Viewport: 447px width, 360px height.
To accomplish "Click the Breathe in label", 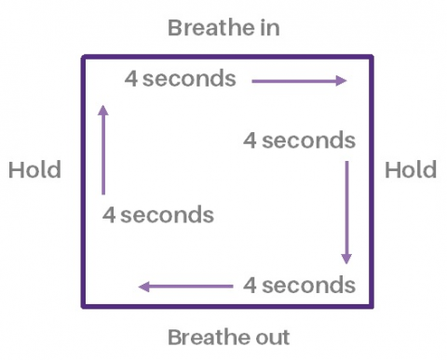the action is tap(223, 27).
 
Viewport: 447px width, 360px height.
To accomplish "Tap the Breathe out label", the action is tap(228, 336).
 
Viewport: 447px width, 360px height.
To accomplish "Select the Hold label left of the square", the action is tap(34, 170).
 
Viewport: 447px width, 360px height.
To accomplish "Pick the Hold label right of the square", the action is tap(411, 170).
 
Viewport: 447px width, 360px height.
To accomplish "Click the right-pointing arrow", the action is tap(298, 81).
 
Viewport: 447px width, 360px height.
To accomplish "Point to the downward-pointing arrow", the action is tap(346, 213).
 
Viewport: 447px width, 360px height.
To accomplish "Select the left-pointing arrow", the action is tap(185, 286).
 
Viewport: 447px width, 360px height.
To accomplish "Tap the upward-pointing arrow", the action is tap(102, 149).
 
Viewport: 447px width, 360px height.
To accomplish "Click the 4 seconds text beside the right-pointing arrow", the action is tap(181, 79).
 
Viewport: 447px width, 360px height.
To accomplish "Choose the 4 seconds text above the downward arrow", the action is tap(299, 141).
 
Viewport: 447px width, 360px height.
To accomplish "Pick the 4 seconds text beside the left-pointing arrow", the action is tap(299, 285).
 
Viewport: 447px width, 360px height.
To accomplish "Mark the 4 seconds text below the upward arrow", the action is tap(158, 215).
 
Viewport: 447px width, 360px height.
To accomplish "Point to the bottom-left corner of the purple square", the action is tap(84, 304).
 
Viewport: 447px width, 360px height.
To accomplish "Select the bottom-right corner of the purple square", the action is tap(372, 304).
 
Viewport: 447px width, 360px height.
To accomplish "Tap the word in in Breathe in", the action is tap(270, 27).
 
